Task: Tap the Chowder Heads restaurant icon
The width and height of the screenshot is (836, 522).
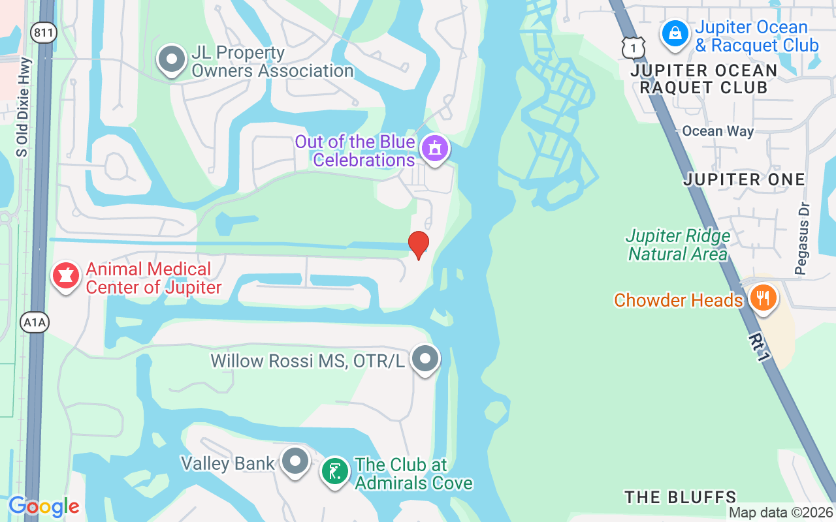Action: (x=762, y=298)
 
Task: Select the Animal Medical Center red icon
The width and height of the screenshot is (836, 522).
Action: (x=65, y=277)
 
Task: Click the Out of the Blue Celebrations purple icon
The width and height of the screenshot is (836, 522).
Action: (x=435, y=148)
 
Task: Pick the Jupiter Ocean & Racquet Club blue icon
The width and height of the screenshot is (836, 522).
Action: (x=675, y=33)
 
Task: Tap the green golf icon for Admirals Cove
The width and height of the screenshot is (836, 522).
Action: (x=335, y=472)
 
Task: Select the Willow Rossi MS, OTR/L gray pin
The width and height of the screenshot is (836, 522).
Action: (x=426, y=358)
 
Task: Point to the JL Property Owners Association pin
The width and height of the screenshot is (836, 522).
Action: (x=172, y=59)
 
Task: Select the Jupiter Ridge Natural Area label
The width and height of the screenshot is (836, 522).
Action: (x=678, y=245)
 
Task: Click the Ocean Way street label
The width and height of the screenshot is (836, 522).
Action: (x=718, y=131)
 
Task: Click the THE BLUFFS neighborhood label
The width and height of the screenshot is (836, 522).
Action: (x=680, y=497)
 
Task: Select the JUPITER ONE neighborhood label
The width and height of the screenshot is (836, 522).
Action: (x=744, y=179)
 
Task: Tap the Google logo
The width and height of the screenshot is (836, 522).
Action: (x=44, y=506)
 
